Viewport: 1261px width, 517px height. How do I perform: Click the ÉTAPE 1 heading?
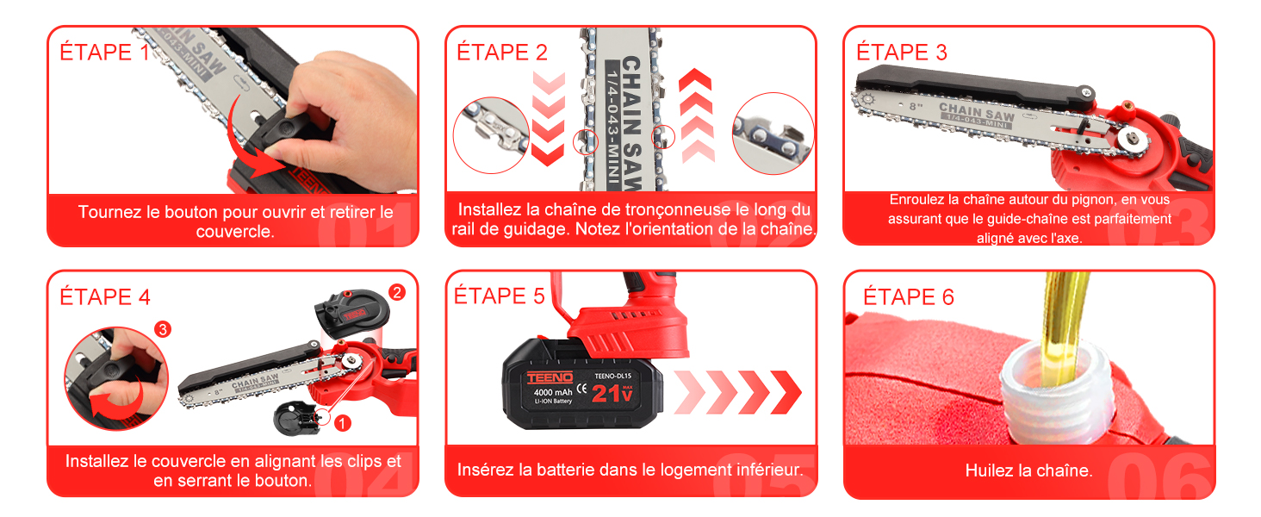pos(105,52)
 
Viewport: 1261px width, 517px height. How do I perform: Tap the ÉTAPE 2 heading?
pos(502,52)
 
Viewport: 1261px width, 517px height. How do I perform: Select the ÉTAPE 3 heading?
pos(902,52)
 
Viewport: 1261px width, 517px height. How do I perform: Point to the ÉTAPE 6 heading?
pos(909,296)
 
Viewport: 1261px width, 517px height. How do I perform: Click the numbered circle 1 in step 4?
pos(342,423)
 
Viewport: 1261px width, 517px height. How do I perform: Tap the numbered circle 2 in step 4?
pos(397,292)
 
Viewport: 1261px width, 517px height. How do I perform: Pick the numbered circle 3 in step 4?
pos(163,329)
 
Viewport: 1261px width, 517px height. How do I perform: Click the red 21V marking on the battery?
pos(612,394)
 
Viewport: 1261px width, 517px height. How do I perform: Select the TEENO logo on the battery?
pos(550,377)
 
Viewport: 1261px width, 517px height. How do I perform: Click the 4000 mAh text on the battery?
pos(553,392)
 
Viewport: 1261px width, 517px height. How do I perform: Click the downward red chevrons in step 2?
pos(549,119)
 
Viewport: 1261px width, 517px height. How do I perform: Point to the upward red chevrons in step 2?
pos(697,116)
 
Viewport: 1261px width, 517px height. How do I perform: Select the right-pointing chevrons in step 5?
pos(737,392)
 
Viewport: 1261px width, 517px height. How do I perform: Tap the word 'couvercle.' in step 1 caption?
pos(235,232)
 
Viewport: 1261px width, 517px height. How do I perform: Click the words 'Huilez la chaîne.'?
pos(1029,470)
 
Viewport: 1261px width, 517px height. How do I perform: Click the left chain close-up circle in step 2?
pos(491,135)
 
